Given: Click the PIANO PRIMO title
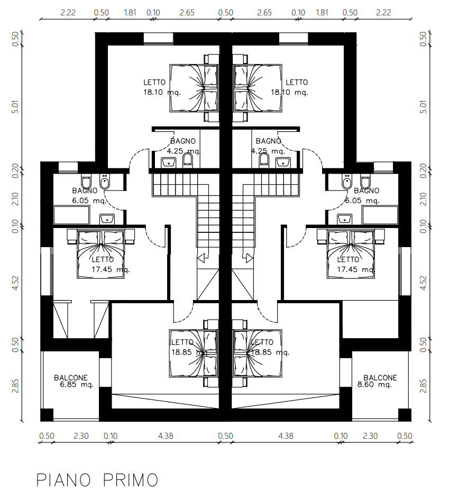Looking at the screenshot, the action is point(97,480).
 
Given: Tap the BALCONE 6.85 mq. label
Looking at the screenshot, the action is point(74,381).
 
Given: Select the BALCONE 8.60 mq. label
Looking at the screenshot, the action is point(377,381).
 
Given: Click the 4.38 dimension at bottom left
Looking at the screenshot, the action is point(166,435).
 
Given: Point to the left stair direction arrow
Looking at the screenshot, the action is point(203,258).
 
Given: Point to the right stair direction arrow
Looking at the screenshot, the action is point(248,258).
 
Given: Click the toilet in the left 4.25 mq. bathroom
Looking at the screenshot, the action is point(187,159).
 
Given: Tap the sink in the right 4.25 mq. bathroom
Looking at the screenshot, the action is point(283,162).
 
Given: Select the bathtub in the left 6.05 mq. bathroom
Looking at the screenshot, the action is point(71,215).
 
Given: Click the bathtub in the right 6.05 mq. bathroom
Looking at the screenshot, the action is point(380,215).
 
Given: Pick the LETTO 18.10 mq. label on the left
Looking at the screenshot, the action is point(162,87).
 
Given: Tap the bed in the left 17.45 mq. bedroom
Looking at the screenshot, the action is point(101,254).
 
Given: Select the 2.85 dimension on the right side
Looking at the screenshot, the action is point(423,386).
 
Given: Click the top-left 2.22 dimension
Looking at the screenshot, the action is point(68,13).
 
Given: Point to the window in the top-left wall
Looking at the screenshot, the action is point(158,39).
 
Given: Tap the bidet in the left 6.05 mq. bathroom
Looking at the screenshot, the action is point(104,182).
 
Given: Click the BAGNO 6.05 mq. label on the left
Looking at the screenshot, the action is point(89,196).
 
